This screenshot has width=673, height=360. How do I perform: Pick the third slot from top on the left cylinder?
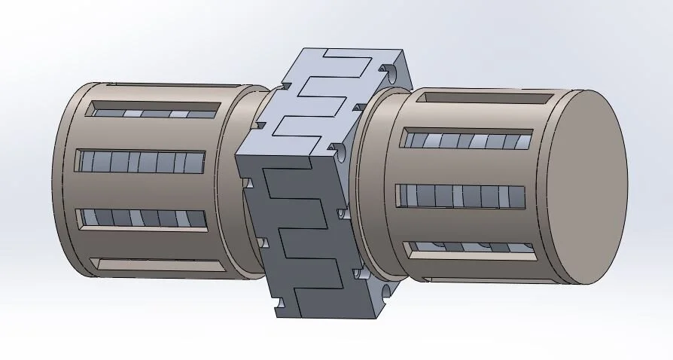(142, 218)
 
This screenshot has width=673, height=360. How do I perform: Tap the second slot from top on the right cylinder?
(467, 141)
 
